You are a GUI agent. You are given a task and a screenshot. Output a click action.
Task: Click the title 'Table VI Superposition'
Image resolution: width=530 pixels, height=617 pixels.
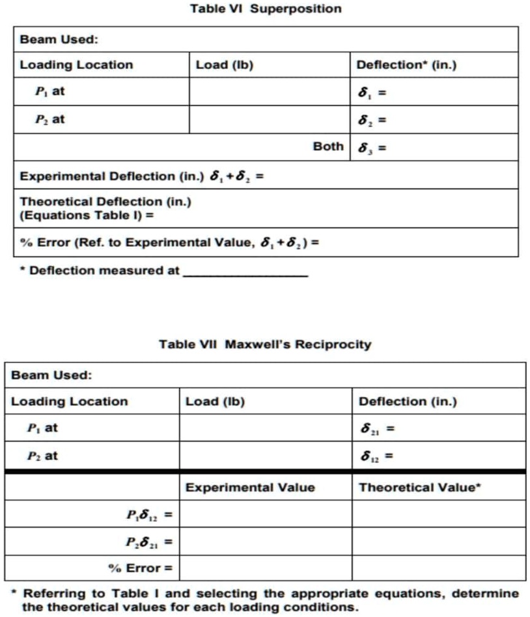click(x=265, y=9)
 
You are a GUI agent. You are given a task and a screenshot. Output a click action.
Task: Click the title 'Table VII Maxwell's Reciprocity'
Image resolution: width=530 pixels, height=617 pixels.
click(x=265, y=344)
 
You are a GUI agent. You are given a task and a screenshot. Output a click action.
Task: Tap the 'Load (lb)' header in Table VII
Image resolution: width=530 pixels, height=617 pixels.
click(x=215, y=402)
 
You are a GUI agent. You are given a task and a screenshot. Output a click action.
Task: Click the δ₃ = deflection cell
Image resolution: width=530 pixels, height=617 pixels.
click(x=434, y=147)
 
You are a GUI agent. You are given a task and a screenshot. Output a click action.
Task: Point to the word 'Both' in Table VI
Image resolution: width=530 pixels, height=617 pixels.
click(x=328, y=146)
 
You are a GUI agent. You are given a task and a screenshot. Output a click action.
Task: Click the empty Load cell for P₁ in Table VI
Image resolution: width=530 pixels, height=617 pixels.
click(x=270, y=92)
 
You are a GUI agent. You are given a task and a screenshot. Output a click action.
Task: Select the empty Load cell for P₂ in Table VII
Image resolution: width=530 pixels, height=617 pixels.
click(x=266, y=456)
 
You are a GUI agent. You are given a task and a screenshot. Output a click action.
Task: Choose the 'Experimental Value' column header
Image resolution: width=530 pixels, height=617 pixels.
click(x=250, y=487)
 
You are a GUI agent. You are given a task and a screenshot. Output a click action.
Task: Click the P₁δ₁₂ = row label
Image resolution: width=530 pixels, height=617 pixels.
click(x=149, y=515)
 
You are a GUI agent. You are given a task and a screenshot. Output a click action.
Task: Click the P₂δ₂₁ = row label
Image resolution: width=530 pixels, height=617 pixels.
click(x=149, y=542)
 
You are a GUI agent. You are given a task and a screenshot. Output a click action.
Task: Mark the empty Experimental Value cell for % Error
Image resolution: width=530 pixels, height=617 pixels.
click(x=266, y=568)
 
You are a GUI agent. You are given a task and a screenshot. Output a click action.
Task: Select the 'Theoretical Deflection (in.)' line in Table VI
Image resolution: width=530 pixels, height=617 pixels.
click(x=105, y=202)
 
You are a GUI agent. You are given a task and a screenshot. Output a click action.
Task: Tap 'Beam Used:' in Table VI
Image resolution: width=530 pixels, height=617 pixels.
click(x=59, y=40)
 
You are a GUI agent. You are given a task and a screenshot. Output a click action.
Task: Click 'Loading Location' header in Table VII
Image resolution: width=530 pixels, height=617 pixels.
click(x=70, y=402)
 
